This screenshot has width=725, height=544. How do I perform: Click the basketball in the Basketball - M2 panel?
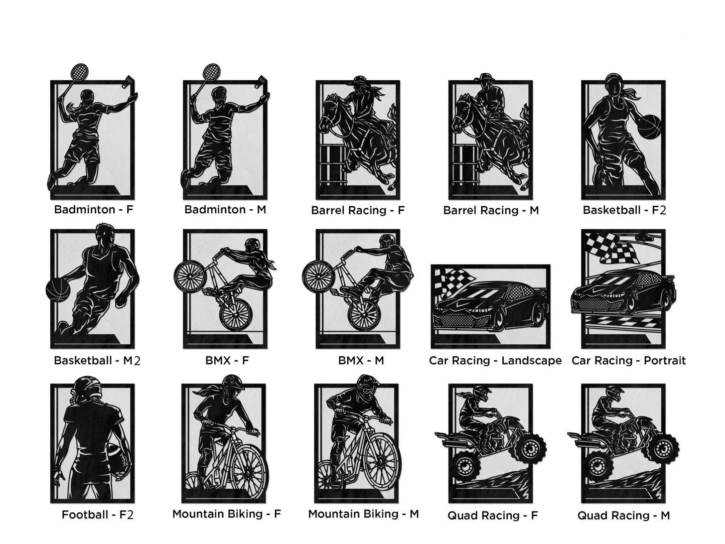(x=58, y=290)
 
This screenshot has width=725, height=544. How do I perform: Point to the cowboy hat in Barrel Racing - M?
(x=485, y=78)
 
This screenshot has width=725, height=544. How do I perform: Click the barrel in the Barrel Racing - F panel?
(x=333, y=165)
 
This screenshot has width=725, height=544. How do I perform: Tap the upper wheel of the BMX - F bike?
(x=190, y=277)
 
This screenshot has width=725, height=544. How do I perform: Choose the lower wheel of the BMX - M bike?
(x=364, y=314)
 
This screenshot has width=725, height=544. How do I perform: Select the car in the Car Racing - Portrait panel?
(x=623, y=292)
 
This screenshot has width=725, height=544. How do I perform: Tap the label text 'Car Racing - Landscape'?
(x=495, y=361)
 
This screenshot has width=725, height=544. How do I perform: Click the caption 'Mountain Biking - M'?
(x=363, y=514)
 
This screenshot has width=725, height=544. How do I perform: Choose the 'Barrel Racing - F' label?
(x=358, y=210)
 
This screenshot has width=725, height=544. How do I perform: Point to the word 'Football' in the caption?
(x=85, y=514)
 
